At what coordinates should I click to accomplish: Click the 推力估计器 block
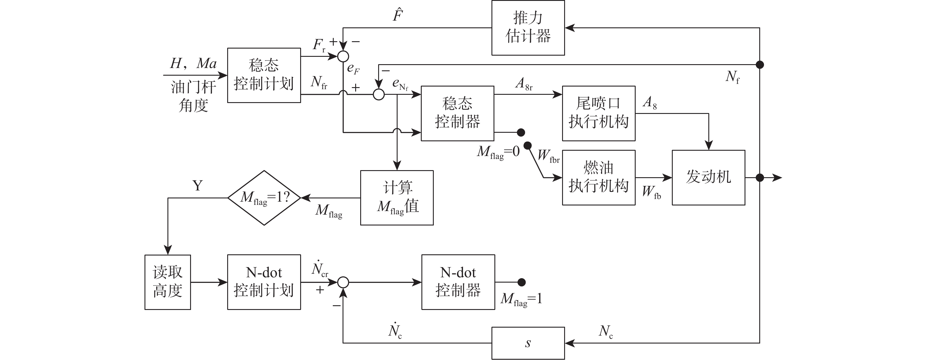pyautogui.click(x=528, y=28)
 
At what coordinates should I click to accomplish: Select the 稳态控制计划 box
pyautogui.click(x=264, y=75)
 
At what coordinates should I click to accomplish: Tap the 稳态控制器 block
pyautogui.click(x=457, y=113)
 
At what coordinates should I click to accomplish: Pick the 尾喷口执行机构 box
pyautogui.click(x=599, y=113)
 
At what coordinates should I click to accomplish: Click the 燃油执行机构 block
pyautogui.click(x=599, y=177)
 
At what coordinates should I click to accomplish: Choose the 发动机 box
pyautogui.click(x=708, y=177)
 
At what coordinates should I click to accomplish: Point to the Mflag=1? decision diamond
pyautogui.click(x=264, y=198)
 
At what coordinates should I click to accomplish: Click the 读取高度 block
pyautogui.click(x=168, y=282)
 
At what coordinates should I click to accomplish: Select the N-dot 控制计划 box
pyautogui.click(x=264, y=282)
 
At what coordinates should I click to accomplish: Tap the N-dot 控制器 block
pyautogui.click(x=458, y=282)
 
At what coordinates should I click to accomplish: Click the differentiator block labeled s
pyautogui.click(x=528, y=343)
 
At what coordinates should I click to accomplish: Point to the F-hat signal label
pyautogui.click(x=398, y=15)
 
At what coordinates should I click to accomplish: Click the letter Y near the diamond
pyautogui.click(x=197, y=186)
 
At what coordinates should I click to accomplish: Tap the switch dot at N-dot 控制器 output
pyautogui.click(x=521, y=282)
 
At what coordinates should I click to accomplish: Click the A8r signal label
pyautogui.click(x=524, y=84)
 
